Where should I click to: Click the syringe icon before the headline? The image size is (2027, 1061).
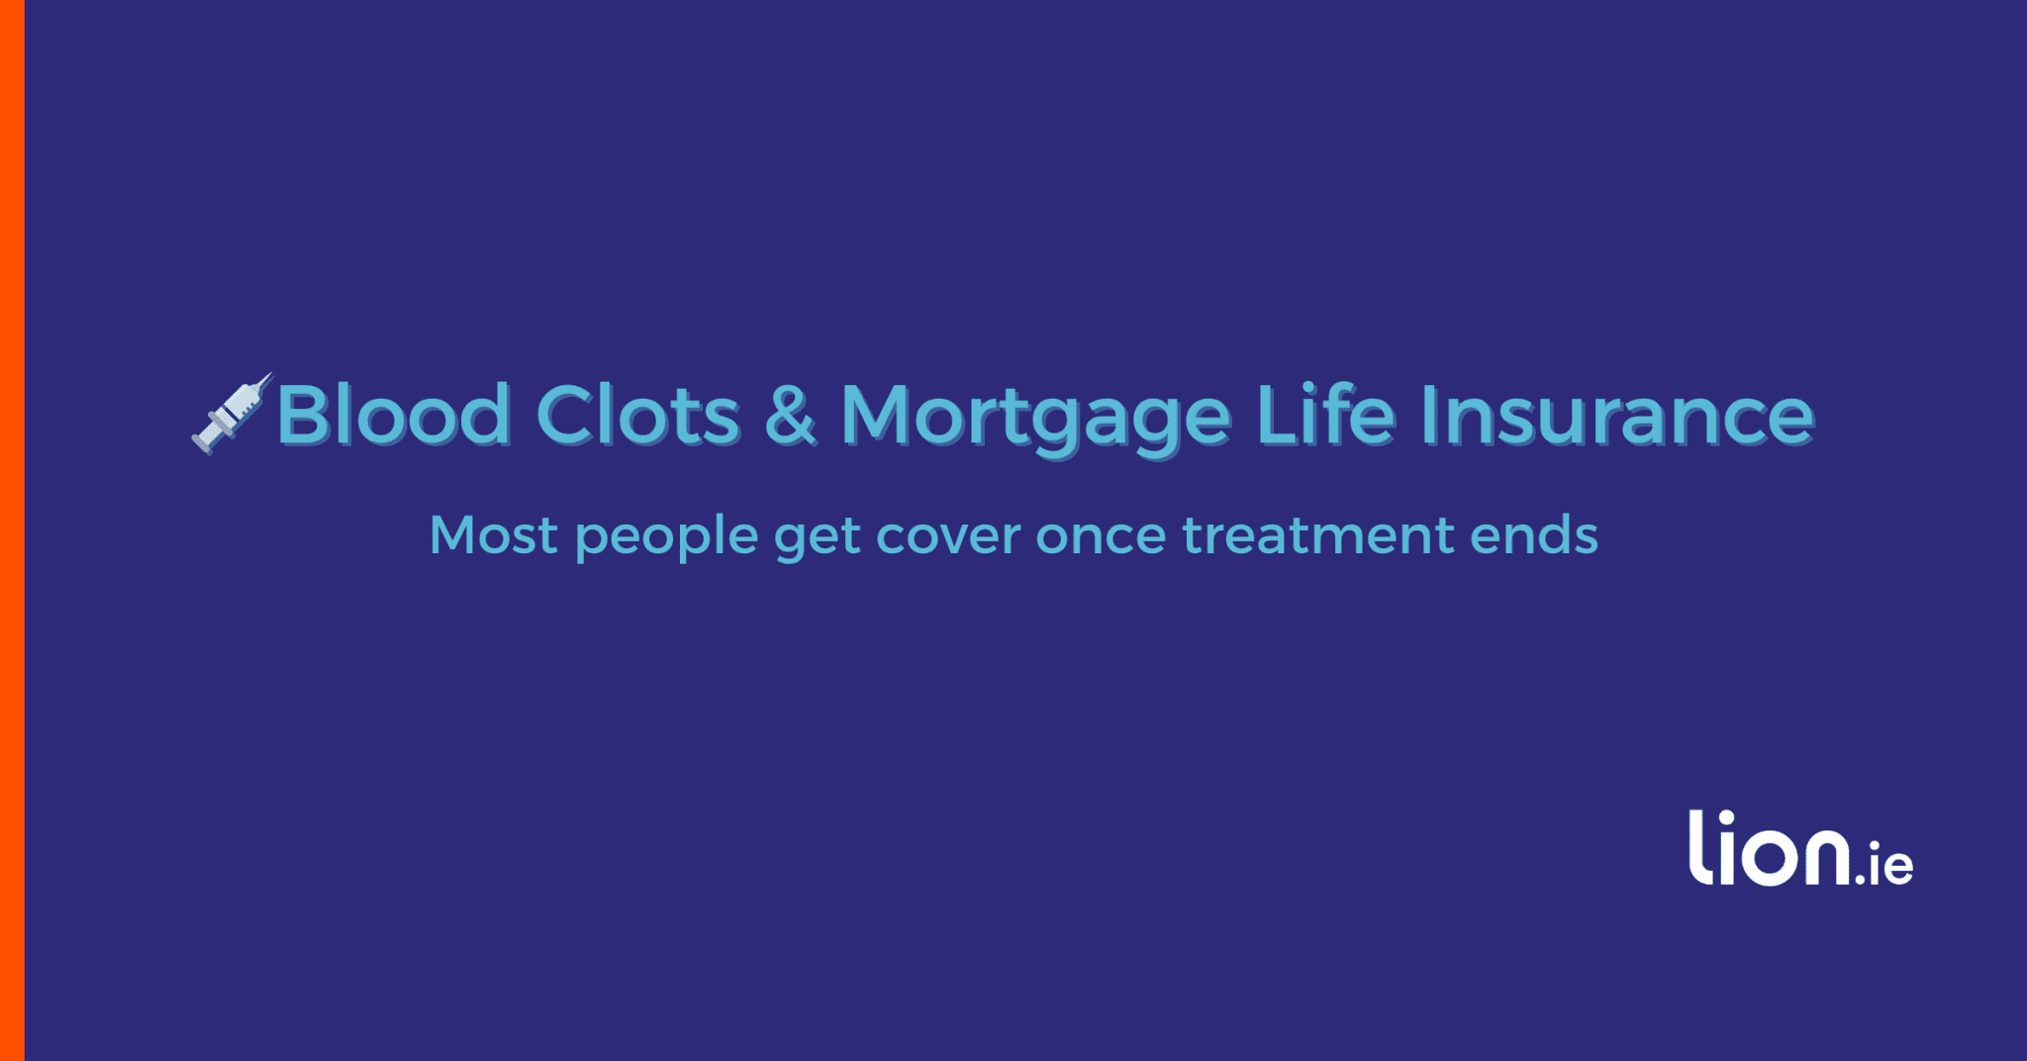click(232, 414)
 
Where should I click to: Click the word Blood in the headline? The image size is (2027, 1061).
click(394, 414)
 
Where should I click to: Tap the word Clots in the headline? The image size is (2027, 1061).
click(637, 414)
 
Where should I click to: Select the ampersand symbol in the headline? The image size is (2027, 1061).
click(790, 415)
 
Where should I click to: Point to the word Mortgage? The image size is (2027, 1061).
click(1036, 421)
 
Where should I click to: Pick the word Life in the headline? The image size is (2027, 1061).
click(1325, 413)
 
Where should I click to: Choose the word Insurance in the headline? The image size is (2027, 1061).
click(1617, 414)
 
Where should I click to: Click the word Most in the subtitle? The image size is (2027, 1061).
click(493, 535)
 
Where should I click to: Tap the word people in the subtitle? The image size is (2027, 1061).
click(666, 539)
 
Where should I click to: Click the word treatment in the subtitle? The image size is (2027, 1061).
click(1318, 536)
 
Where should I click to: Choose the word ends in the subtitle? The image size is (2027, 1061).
click(1534, 535)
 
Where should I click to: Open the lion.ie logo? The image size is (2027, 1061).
click(1800, 848)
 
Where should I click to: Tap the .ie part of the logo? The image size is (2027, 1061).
click(1883, 864)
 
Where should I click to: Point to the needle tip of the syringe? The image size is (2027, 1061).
click(271, 374)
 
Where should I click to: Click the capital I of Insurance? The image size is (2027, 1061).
click(1428, 414)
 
